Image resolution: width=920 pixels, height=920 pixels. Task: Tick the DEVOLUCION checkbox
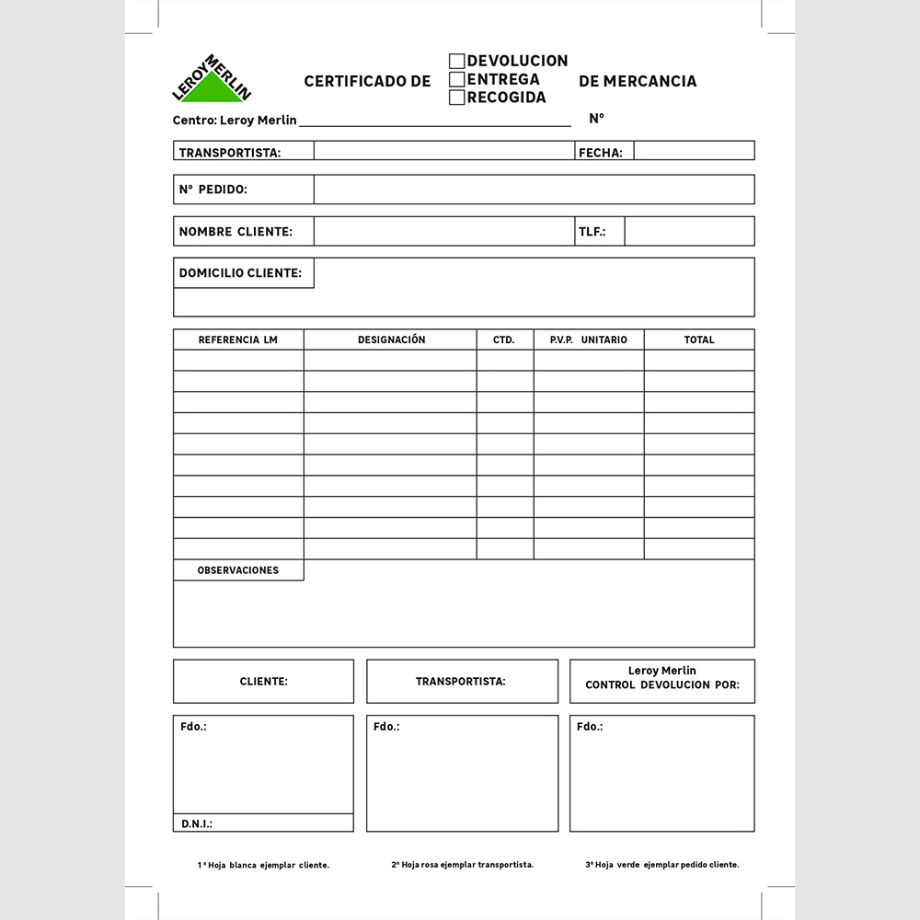click(456, 62)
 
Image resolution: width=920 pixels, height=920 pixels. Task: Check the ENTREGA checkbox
click(456, 80)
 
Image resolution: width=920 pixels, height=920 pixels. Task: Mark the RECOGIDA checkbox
click(456, 98)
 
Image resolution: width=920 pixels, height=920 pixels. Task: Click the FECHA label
click(600, 153)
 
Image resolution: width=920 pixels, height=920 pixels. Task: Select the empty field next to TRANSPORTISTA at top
click(443, 151)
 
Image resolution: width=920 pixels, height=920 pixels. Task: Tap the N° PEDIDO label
click(213, 190)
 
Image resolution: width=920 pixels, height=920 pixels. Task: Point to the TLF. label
click(592, 232)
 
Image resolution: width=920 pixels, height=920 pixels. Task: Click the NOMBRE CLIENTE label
click(236, 232)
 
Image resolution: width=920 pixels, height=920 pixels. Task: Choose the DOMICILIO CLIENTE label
click(240, 273)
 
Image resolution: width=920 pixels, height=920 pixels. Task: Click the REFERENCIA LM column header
click(237, 339)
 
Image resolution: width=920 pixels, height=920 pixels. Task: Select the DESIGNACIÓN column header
click(391, 339)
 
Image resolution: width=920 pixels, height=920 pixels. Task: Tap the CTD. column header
click(503, 339)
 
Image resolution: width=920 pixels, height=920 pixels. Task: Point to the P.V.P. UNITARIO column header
click(588, 339)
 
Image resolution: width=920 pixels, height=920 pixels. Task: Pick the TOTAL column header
click(698, 339)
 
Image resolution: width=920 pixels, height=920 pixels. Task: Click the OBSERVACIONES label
click(237, 570)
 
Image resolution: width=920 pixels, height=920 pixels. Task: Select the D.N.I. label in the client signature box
click(197, 823)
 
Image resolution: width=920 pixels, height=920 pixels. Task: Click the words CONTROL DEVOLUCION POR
click(661, 685)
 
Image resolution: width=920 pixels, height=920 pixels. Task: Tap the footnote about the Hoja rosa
click(462, 865)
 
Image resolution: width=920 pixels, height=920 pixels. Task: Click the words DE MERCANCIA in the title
click(638, 81)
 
